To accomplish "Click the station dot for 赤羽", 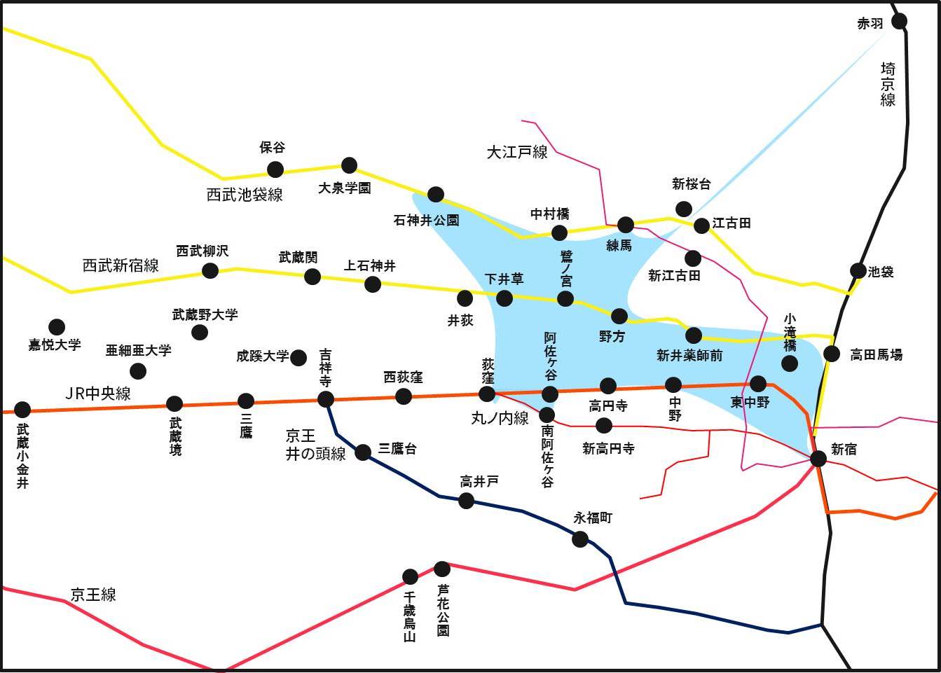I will coord(899,21).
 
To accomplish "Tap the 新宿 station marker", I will coord(818,459).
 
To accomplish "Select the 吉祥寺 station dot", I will coord(326,399).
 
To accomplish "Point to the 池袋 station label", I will coord(881,272).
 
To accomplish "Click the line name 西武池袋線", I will coord(245,195).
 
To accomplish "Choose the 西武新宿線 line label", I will coord(121,265).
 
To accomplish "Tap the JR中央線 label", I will coord(98,394).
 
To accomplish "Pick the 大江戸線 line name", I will coord(517,152).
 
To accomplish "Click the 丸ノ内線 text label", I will coord(500,419).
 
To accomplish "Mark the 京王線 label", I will coord(93,595).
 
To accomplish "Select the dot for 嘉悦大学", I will coord(57,326).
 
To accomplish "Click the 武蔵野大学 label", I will coord(205,314).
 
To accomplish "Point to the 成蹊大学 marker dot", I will coord(298,357).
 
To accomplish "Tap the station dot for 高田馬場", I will coord(832,354).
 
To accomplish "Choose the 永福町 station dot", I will coord(580,539).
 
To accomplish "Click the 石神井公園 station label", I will coord(427,220).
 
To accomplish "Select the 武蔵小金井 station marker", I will coord(22,409).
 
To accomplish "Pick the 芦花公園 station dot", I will coord(442,569).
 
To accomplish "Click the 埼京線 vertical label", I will coord(888,84).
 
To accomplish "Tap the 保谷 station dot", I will coord(275,169).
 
